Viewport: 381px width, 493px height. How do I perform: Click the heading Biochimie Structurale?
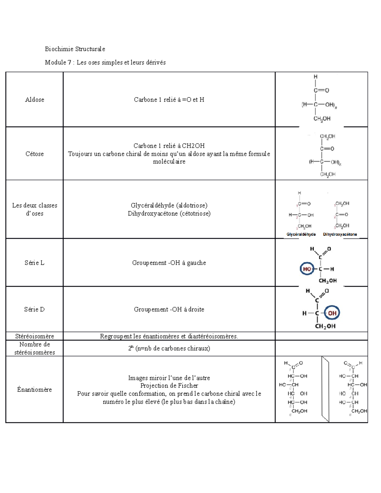(75, 49)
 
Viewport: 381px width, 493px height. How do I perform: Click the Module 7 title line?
(105, 63)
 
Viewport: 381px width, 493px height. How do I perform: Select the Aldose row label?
(35, 100)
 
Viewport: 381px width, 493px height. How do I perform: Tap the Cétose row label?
(35, 154)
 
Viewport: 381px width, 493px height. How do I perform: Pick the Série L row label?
(34, 263)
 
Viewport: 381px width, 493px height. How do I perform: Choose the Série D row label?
(34, 310)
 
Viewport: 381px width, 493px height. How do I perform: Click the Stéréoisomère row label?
(35, 336)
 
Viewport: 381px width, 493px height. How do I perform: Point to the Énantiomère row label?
(34, 390)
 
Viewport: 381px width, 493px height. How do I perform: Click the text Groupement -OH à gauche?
(169, 263)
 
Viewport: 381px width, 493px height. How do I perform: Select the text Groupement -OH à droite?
(169, 310)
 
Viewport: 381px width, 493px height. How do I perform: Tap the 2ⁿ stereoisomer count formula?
(169, 349)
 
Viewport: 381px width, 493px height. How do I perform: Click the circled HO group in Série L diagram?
(307, 269)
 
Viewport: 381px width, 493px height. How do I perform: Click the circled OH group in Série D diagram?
(332, 313)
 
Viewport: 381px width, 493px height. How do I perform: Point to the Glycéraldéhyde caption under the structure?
(301, 234)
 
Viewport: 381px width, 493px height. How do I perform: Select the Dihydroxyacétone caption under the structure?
(340, 234)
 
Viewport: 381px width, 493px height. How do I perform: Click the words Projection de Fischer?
(169, 386)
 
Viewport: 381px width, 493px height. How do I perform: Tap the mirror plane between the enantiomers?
(325, 389)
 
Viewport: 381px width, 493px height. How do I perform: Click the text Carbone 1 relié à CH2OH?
(169, 146)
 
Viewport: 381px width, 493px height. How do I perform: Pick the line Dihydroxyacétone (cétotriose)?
(169, 214)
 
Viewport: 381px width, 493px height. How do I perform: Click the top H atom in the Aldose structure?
(315, 77)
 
